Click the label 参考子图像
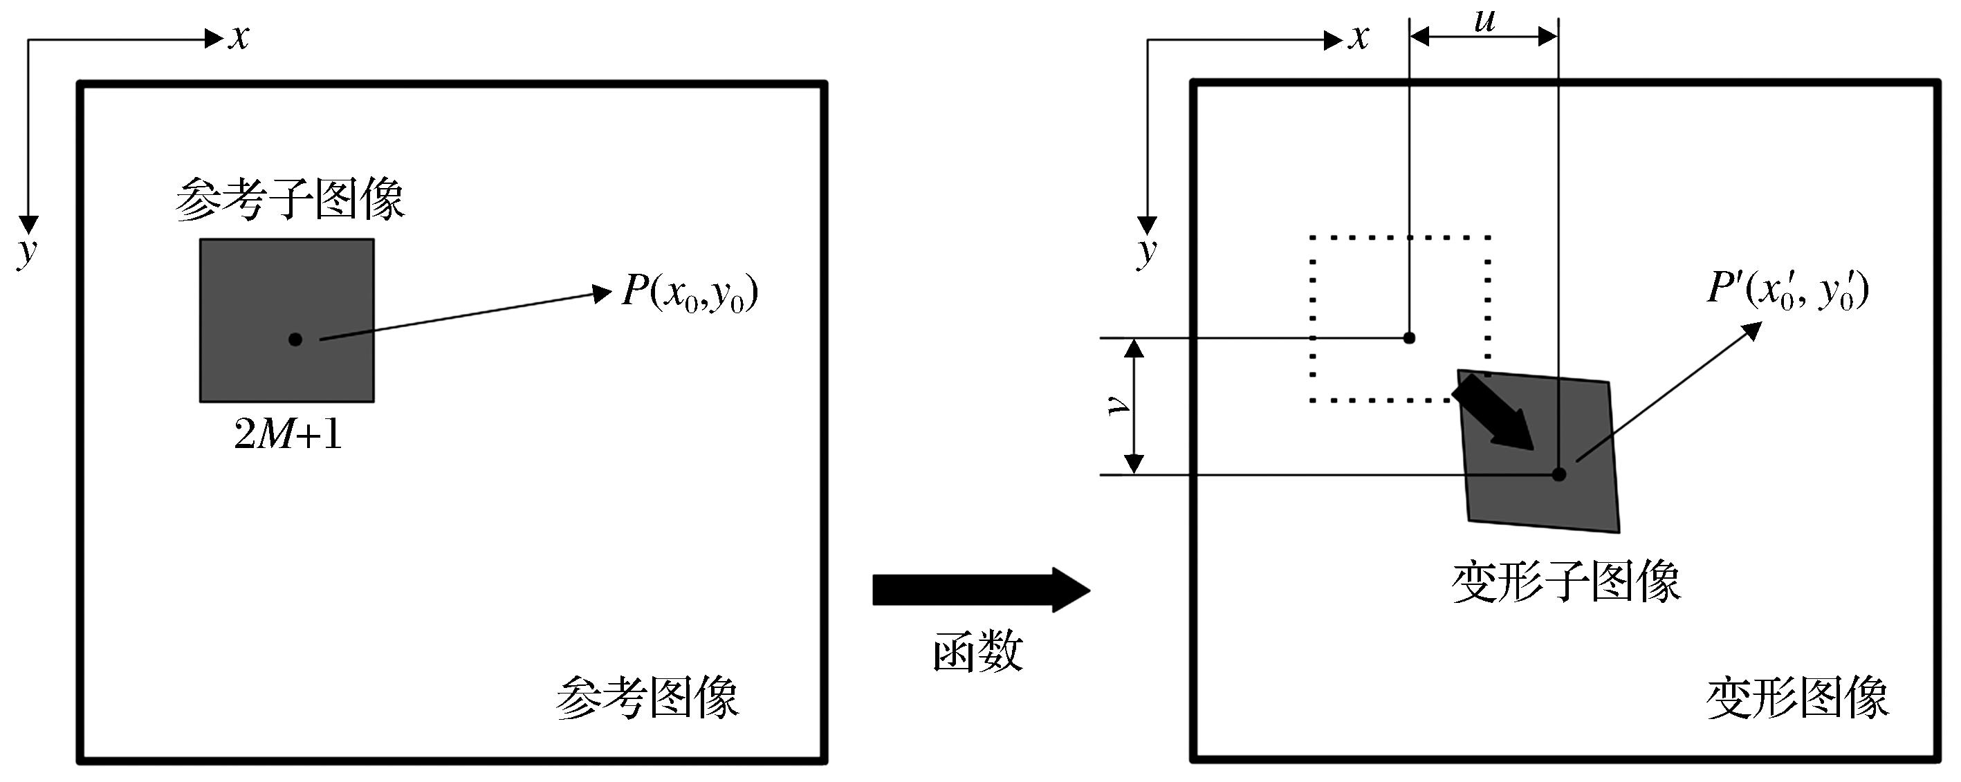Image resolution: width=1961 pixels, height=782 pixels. tap(290, 200)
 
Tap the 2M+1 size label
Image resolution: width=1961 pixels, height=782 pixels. tap(288, 435)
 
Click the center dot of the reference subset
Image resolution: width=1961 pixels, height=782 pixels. tap(295, 339)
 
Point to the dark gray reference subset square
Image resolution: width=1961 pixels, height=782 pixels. tap(287, 320)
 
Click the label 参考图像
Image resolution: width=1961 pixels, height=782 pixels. tap(648, 698)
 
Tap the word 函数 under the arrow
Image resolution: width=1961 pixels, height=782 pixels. tap(978, 652)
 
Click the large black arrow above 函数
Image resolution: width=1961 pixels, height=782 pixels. tap(982, 590)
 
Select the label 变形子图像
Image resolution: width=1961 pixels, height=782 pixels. tap(1567, 582)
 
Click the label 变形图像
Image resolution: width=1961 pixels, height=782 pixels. tap(1797, 698)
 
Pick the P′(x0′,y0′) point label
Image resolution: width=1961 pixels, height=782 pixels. tap(1787, 290)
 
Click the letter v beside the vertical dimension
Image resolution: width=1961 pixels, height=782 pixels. tap(1118, 405)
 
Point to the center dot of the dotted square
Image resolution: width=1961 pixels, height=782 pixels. tap(1409, 337)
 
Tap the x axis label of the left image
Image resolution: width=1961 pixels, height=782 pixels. tap(239, 37)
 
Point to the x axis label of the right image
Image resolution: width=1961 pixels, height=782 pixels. tap(1358, 37)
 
